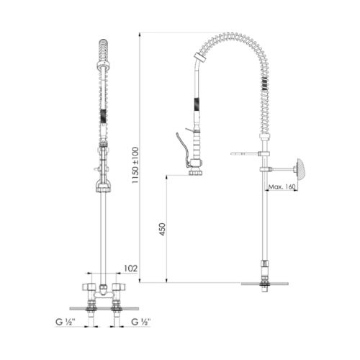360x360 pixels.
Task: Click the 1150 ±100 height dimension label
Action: [135, 166]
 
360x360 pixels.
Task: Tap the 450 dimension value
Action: [163, 229]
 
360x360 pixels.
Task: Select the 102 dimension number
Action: [130, 269]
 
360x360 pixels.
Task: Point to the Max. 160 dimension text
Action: [282, 186]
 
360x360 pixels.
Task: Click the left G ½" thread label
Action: [66, 322]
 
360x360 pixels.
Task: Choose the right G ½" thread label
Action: [141, 322]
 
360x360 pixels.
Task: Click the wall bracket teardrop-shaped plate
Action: [301, 168]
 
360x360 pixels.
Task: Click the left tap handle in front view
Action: [89, 287]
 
